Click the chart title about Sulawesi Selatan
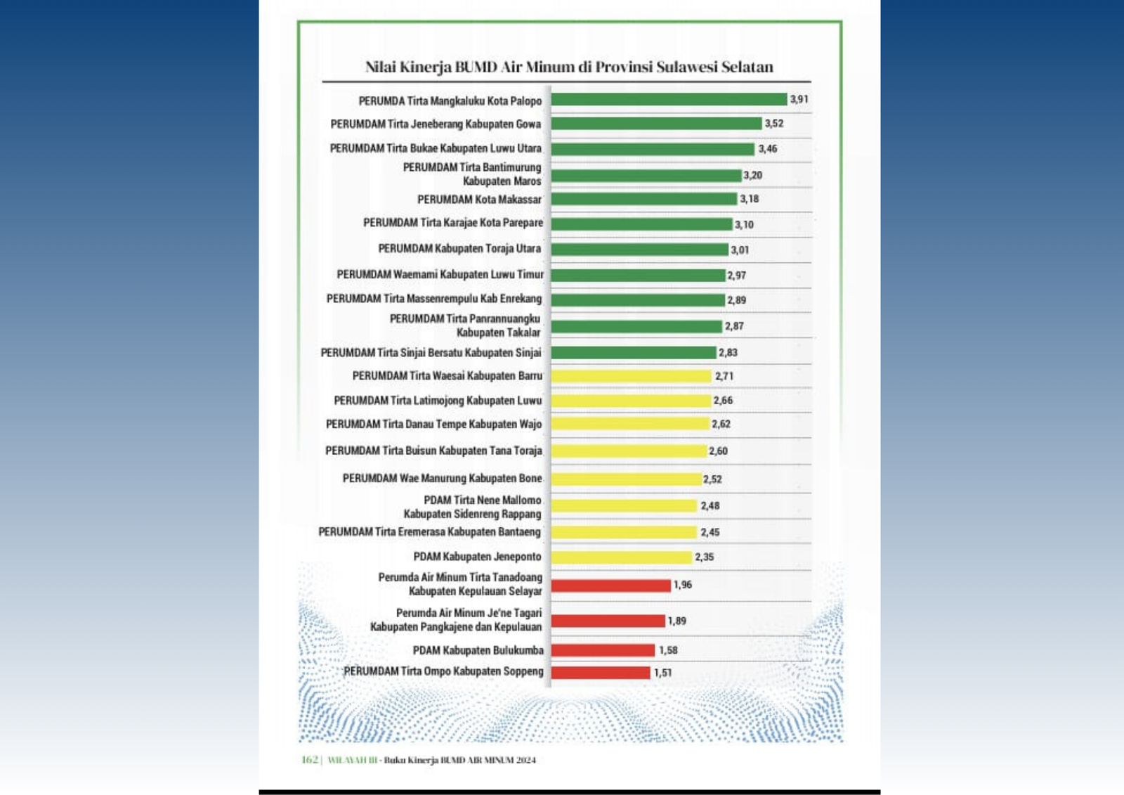tap(568, 67)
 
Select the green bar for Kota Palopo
tap(668, 100)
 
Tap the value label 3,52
tap(773, 124)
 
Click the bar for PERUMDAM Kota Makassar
tap(643, 200)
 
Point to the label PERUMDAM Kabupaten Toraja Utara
tap(459, 249)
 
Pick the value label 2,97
tap(736, 276)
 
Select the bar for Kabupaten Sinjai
tap(633, 353)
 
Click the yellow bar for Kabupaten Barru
tap(631, 377)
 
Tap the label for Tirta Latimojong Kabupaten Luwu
tap(438, 401)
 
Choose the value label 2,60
tap(718, 451)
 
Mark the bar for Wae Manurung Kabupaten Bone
tap(626, 479)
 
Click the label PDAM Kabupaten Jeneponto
tap(477, 557)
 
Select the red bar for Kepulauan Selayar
tap(610, 586)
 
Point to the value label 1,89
tap(677, 621)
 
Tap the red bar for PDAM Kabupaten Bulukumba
tap(603, 651)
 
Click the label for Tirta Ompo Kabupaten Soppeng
tap(443, 671)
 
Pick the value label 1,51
tap(662, 673)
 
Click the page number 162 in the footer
tap(310, 760)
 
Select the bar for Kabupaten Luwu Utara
tap(652, 149)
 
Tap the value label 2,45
tap(710, 533)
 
